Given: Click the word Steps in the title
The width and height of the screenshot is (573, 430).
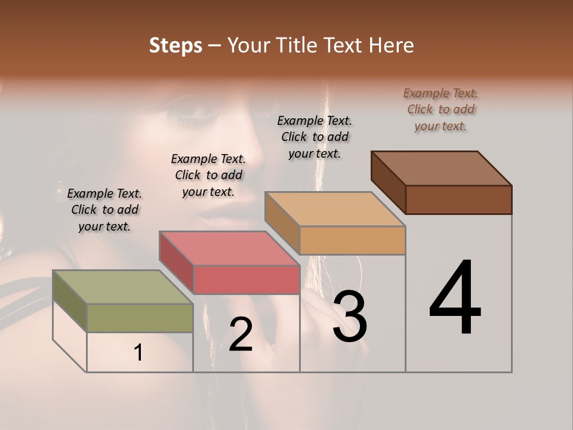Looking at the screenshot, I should tap(175, 45).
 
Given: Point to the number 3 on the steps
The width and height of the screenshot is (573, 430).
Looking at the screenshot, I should tap(350, 317).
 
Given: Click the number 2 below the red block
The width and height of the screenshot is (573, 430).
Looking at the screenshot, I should tap(241, 334).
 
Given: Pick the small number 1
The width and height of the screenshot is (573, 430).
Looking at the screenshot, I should tap(138, 353).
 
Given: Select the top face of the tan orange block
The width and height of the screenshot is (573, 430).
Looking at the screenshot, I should tap(335, 209).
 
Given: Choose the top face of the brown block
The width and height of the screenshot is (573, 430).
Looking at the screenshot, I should tap(441, 168).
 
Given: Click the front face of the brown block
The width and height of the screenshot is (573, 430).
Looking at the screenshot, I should tap(458, 199).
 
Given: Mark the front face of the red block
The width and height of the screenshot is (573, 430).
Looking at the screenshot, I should tap(246, 279).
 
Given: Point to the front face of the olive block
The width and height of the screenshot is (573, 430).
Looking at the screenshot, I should tap(140, 318).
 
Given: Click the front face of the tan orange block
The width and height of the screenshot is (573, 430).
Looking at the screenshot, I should tap(352, 240).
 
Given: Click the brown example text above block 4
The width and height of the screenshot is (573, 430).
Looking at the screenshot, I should tap(440, 109).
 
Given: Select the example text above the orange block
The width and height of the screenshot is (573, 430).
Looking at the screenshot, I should tap(315, 137).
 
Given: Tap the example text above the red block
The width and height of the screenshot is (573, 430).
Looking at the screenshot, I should tap(208, 175).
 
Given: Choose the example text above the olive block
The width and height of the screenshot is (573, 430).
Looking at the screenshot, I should tap(104, 210).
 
